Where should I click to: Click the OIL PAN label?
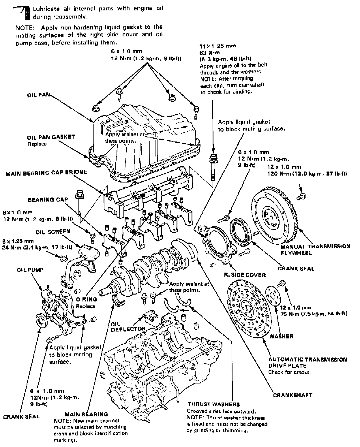point(38,95)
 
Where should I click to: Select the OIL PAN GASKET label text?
point(51,137)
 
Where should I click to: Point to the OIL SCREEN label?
point(53,232)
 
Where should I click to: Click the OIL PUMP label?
point(30,270)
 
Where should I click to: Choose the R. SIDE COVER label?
point(245,275)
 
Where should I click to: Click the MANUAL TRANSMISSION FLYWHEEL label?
point(315,250)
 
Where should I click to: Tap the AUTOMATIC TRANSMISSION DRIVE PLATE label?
point(307,362)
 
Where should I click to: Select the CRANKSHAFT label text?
point(293,395)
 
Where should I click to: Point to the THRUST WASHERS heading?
point(213,404)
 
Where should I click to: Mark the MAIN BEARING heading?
point(86,414)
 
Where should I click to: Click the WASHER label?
point(281,336)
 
